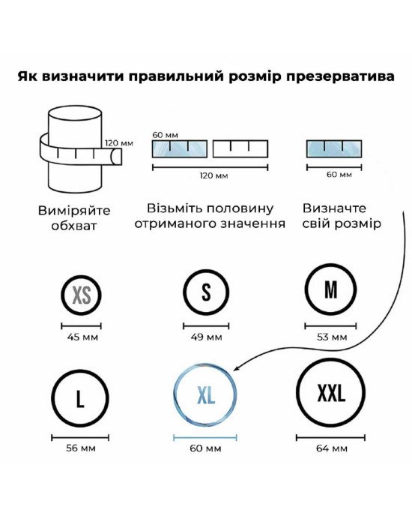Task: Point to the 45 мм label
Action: (82, 337)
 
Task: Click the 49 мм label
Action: (206, 337)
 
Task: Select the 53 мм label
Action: (332, 337)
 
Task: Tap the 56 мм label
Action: (81, 448)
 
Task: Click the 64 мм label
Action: (331, 448)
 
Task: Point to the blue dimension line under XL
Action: (205, 438)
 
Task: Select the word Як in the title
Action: (28, 76)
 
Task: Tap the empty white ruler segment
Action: (240, 148)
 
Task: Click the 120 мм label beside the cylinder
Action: (119, 143)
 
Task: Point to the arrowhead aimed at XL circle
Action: (236, 368)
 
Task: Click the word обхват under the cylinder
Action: (74, 226)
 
